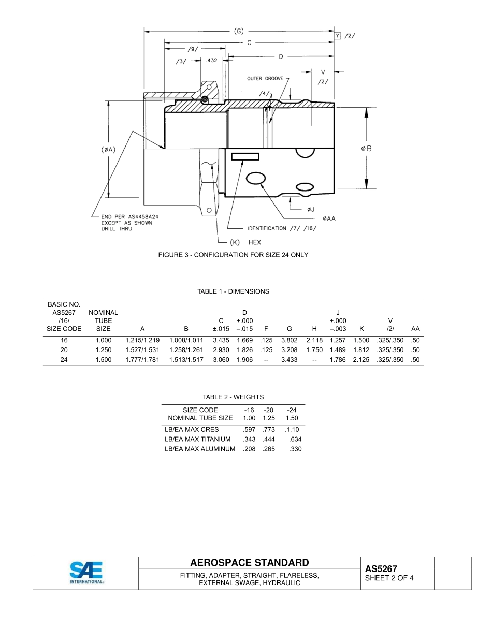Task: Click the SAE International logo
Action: click(x=86, y=573)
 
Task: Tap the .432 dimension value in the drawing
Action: click(x=212, y=61)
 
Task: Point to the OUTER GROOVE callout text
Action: click(x=265, y=79)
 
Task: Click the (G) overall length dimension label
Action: click(x=239, y=31)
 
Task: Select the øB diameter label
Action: click(x=366, y=149)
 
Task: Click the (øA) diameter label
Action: click(x=108, y=150)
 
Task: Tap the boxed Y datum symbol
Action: click(x=338, y=35)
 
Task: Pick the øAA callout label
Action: click(x=329, y=218)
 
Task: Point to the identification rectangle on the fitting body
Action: click(x=245, y=156)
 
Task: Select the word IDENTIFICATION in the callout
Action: click(x=266, y=228)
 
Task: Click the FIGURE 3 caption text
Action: click(x=233, y=255)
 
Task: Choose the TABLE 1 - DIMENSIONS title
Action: click(x=233, y=291)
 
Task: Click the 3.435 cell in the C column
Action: click(x=221, y=340)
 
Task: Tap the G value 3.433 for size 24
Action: click(x=289, y=360)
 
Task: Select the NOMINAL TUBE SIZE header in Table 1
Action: click(x=103, y=320)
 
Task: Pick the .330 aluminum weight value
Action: click(x=295, y=449)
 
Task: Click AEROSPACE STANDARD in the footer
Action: click(x=249, y=563)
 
